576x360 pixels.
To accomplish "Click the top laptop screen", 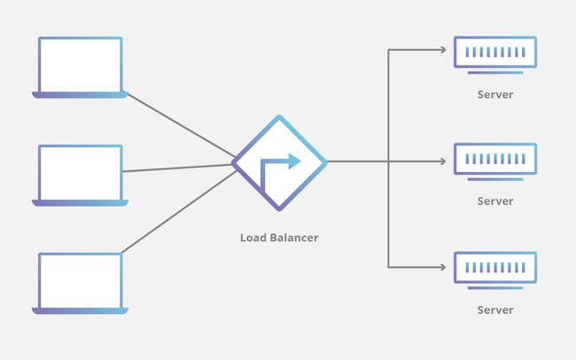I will (x=80, y=64).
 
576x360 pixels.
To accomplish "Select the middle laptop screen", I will (x=80, y=173).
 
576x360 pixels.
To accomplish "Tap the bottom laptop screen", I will (x=80, y=280).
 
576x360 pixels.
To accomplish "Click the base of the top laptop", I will (x=80, y=94).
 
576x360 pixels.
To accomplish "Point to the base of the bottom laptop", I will (x=80, y=310).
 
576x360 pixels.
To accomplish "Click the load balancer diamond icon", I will (x=279, y=162).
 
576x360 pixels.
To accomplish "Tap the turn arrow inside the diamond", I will (x=280, y=168).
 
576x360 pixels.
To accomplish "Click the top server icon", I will (x=494, y=54).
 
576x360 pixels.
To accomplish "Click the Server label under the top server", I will (x=494, y=94).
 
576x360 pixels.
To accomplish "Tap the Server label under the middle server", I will (x=494, y=201).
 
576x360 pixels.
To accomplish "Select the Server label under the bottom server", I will (x=494, y=310).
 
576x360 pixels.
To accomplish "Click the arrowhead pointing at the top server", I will (x=443, y=51).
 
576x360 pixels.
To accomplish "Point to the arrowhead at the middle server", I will (x=443, y=161).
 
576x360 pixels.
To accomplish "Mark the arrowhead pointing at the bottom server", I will (x=443, y=266).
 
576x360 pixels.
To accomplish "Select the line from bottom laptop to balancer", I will (x=177, y=212).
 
